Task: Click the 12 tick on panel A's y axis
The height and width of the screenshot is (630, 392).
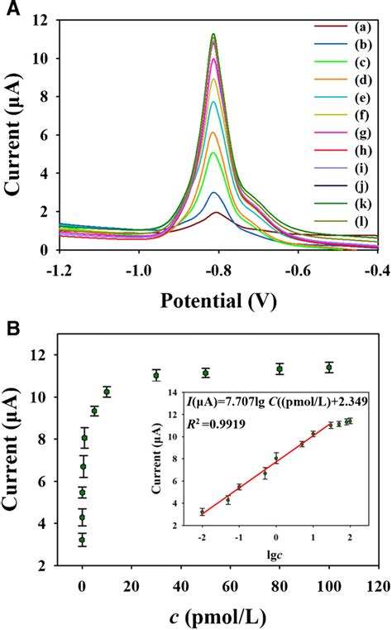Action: (x=39, y=20)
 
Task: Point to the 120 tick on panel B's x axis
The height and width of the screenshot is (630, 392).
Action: (x=378, y=586)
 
